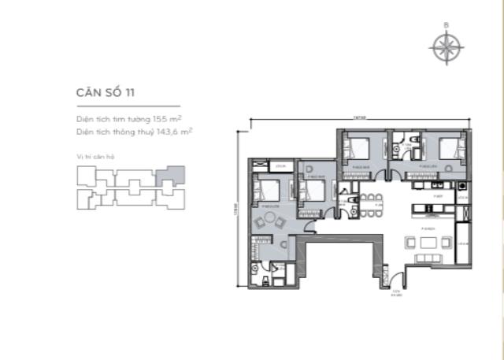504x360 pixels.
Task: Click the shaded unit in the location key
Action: (172, 176)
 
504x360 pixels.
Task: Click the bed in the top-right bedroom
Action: (447, 150)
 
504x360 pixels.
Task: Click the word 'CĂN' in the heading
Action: (82, 93)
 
